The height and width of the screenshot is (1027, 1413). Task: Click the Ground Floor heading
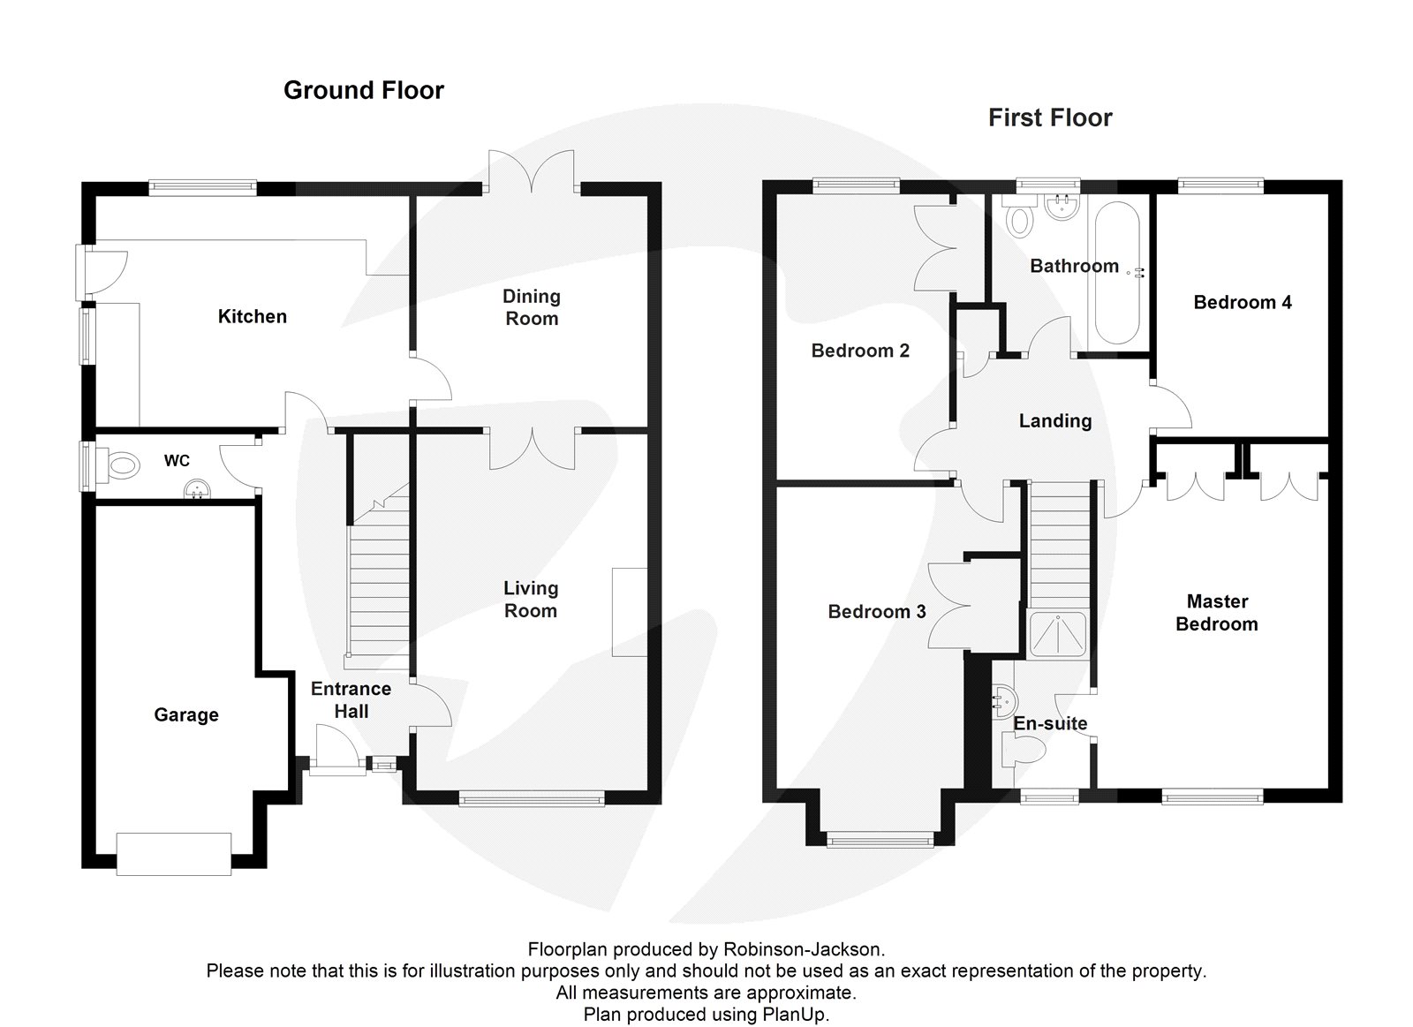tap(363, 90)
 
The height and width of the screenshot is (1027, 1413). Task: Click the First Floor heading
tap(1049, 117)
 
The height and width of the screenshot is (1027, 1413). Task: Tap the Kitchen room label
tap(252, 316)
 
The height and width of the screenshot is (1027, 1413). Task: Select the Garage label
tap(185, 714)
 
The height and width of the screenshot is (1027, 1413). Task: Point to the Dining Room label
tap(531, 307)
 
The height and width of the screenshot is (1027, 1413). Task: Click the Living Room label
tap(530, 599)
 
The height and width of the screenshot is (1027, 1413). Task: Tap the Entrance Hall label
tap(351, 699)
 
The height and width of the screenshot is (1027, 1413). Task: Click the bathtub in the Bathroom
tap(1116, 272)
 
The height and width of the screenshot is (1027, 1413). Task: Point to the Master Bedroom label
tap(1216, 612)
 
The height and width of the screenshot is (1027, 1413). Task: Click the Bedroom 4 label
tap(1242, 302)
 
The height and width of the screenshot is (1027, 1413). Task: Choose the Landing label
tap(1054, 420)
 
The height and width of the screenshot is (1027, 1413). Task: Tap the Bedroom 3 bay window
tap(880, 840)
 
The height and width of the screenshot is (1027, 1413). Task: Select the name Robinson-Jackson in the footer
tap(802, 949)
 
